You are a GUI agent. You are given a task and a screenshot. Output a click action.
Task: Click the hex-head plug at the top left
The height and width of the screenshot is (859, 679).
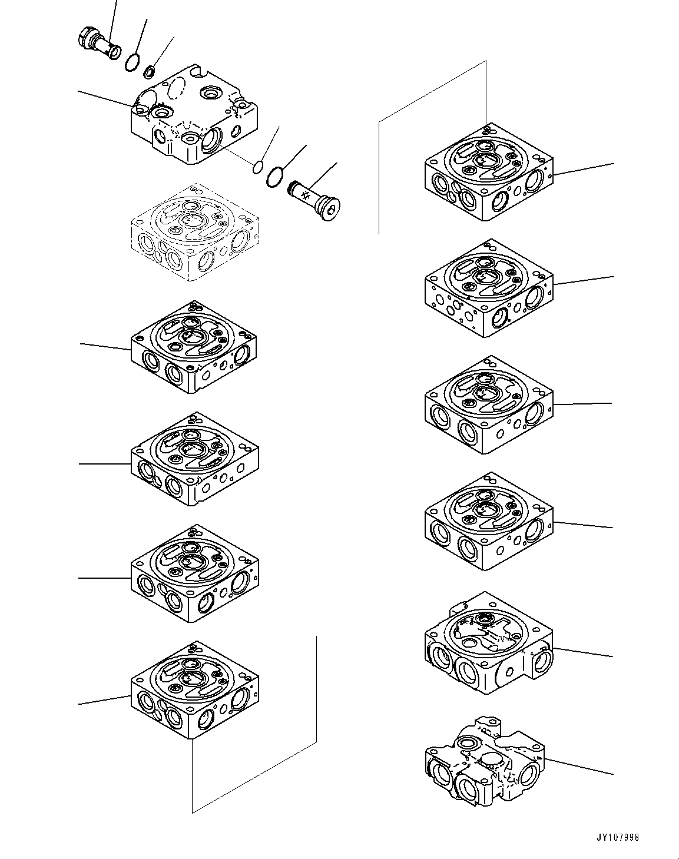(x=98, y=45)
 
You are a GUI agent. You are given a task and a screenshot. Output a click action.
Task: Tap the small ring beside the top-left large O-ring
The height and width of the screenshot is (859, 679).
(x=150, y=72)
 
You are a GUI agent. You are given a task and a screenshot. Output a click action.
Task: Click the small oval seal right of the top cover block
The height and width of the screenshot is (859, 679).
(x=257, y=168)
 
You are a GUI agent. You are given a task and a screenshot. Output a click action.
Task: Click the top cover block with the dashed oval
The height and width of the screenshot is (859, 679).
(x=193, y=115)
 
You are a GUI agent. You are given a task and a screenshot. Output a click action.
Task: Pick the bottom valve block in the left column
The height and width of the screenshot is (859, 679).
(x=194, y=690)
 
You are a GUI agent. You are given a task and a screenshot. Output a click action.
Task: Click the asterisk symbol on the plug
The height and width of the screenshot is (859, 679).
(x=306, y=195)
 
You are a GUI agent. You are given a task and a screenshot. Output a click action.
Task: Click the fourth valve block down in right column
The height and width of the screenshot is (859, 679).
(x=488, y=522)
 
